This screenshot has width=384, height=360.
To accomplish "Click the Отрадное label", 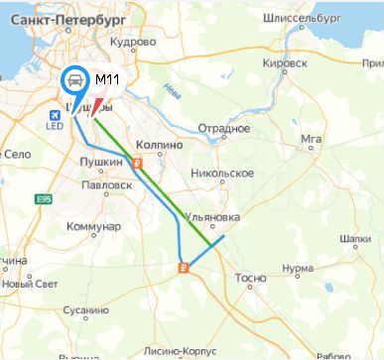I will point(222,129).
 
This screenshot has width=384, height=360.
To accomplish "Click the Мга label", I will point(313,139).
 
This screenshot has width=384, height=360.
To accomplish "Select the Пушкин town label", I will point(103,162).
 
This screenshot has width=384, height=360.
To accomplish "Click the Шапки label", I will point(354,238).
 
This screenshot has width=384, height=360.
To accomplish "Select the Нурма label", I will point(298,268).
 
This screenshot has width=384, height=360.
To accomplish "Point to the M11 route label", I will point(108,79).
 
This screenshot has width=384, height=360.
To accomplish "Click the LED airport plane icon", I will point(53,116).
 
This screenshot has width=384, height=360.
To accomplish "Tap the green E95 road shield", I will point(44,200).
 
